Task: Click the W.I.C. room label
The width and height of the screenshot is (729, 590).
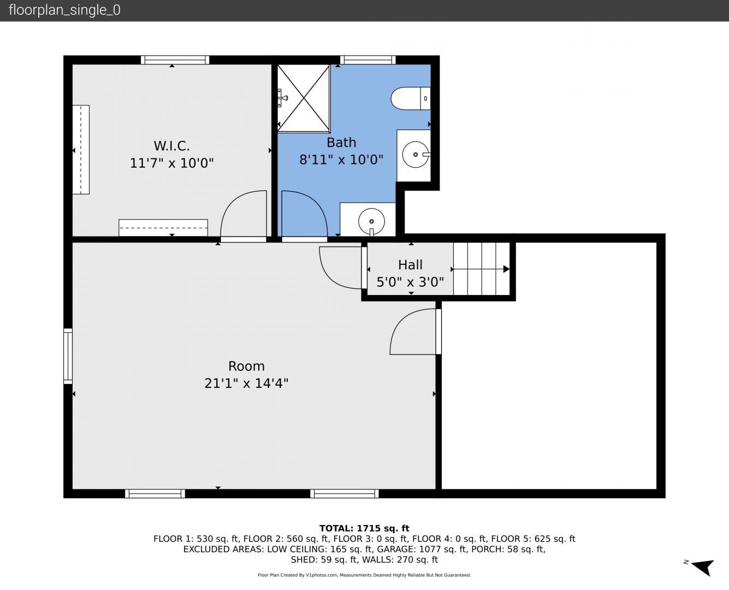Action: tap(171, 146)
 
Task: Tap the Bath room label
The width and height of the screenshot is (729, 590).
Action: tap(341, 143)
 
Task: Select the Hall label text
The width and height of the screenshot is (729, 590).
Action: tap(410, 265)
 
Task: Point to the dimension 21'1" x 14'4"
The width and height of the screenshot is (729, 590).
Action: tap(246, 383)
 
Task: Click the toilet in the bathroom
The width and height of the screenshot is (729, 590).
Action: tap(411, 98)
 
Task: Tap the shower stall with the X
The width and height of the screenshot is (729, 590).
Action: tap(303, 98)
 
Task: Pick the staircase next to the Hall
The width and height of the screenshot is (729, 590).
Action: tap(482, 269)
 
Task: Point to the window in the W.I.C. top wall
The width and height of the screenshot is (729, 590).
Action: tap(175, 60)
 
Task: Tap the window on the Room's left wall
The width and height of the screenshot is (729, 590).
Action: tap(68, 356)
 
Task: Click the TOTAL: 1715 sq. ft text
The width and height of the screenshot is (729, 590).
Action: tap(364, 528)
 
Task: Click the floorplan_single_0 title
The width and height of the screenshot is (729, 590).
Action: tap(64, 10)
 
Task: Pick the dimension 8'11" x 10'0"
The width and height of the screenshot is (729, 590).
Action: tap(341, 160)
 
